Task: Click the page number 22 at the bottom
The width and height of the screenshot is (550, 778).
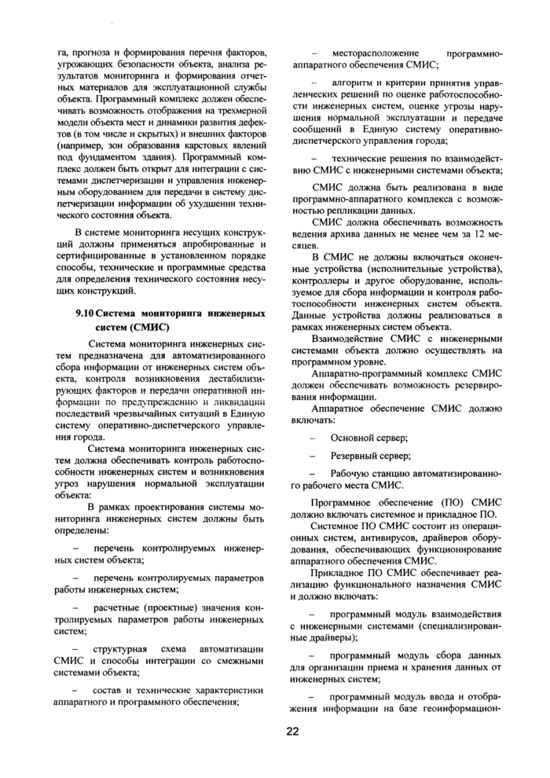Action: click(292, 732)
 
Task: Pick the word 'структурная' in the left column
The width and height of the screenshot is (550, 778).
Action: click(120, 651)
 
